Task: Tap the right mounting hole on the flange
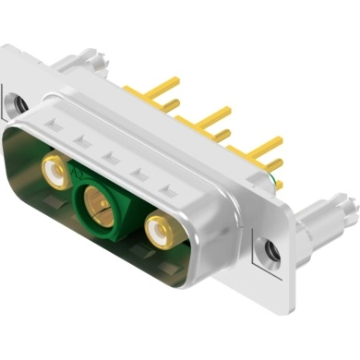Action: tap(270, 248)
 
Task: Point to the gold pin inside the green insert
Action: tap(95, 197)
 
